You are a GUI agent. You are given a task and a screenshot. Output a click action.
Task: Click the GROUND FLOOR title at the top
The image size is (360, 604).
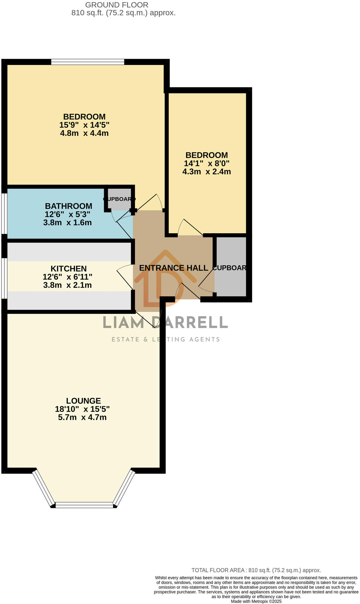point(117,5)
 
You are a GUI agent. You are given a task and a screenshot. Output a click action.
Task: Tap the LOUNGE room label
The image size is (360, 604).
point(84,401)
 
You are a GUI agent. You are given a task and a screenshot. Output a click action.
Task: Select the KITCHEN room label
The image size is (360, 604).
point(68,269)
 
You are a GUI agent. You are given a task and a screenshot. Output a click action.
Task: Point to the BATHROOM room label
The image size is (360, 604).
point(68,206)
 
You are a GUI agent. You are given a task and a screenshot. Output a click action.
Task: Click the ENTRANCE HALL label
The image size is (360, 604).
point(174,268)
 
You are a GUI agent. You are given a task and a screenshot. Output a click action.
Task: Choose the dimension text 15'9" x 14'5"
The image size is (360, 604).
point(84,125)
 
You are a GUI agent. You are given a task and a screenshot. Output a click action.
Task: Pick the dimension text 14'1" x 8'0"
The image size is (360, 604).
point(206,163)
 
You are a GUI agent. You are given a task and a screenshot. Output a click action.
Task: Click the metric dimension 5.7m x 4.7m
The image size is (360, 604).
point(82,417)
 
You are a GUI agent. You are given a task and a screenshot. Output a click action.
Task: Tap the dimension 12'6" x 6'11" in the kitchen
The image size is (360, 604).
point(67,277)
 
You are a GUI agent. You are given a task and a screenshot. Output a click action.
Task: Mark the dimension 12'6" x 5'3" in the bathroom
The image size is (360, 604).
point(67,214)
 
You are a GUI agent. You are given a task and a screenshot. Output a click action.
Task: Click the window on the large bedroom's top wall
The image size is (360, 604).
point(87,62)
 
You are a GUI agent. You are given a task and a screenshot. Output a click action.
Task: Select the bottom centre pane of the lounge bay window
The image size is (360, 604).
point(84,505)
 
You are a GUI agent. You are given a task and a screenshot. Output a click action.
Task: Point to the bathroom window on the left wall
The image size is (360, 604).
point(4,213)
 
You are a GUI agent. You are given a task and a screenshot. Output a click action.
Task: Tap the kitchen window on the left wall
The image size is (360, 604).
point(4,278)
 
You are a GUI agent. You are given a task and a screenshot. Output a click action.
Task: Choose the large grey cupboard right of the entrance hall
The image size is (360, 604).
point(230,267)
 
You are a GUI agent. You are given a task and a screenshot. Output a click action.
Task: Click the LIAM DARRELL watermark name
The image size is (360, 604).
point(165,322)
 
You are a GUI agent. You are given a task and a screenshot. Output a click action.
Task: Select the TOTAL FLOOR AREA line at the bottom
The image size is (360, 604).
point(256,570)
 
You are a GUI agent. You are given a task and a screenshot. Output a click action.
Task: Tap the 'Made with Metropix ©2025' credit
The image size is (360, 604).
point(256,601)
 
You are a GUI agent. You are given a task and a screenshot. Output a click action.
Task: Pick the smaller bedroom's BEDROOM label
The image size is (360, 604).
point(206,155)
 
